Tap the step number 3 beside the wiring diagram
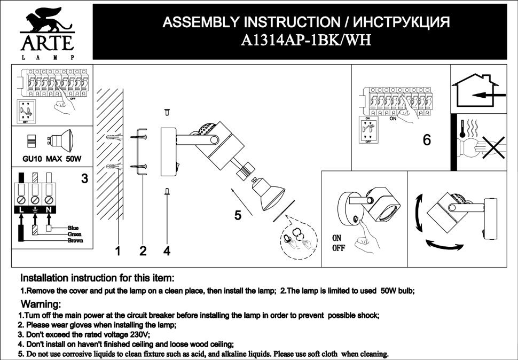84,179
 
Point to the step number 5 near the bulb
238,216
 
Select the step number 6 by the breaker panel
427,140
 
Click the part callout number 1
119,251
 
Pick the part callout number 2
143,251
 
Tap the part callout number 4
167,251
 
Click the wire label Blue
73,228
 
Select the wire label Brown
75,241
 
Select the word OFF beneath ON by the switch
339,248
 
